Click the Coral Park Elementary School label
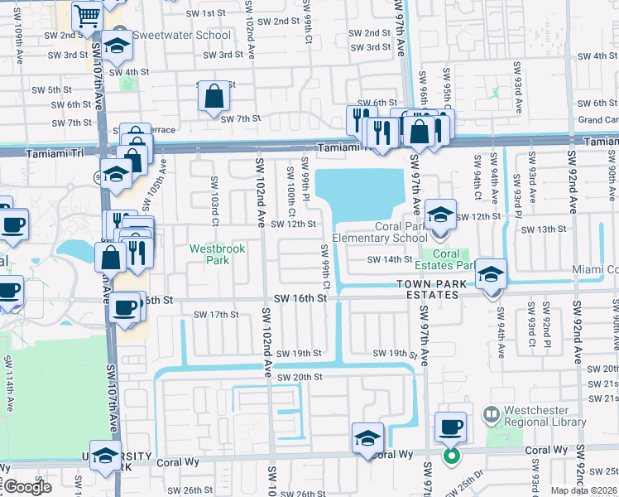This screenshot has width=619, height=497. tap(379, 232)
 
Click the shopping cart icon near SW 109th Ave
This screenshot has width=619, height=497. tap(87, 15)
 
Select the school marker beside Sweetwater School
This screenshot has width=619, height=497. tap(117, 46)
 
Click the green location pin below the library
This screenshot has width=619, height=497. tap(451, 456)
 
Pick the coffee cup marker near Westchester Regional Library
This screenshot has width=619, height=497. tap(449, 427)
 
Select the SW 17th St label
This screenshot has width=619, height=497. tap(216, 315)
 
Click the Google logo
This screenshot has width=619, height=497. tap(27, 486)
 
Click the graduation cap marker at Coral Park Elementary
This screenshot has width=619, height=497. tap(440, 214)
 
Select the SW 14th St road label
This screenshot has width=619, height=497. tap(390, 259)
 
